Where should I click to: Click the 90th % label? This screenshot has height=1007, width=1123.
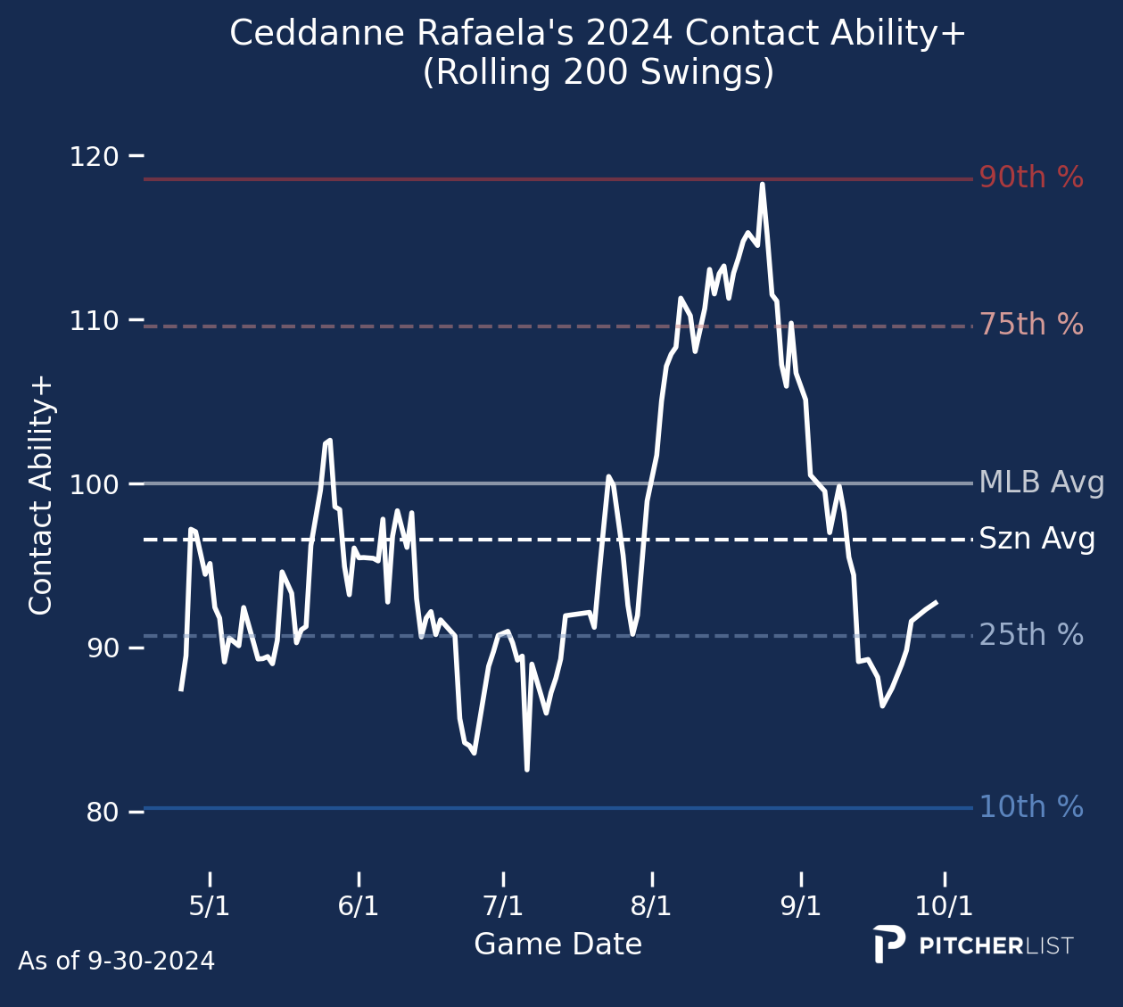pos(1031,178)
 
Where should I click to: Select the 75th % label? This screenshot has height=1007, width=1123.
pos(1031,325)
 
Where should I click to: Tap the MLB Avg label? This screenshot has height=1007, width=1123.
pos(1041,483)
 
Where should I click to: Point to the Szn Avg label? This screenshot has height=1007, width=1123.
pos(1036,540)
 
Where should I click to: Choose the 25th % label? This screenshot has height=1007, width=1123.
pos(1031,635)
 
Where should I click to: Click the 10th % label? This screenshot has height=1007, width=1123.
pos(1031,807)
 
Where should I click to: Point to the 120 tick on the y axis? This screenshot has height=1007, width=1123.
pos(94,157)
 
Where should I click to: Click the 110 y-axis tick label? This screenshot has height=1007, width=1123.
pos(94,320)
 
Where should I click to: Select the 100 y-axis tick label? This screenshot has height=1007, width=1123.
pos(94,484)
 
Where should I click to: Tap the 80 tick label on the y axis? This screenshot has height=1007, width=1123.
pos(100,812)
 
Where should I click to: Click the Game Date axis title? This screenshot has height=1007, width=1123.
pos(557,945)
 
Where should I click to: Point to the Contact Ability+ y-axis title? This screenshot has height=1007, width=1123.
pos(42,496)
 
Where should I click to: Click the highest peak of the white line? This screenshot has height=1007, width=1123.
pos(762,184)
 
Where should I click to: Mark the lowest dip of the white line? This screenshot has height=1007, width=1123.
pos(527,769)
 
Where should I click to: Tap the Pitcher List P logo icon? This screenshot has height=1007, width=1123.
pos(888,945)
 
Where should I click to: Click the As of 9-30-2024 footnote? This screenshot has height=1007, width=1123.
pos(116,962)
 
